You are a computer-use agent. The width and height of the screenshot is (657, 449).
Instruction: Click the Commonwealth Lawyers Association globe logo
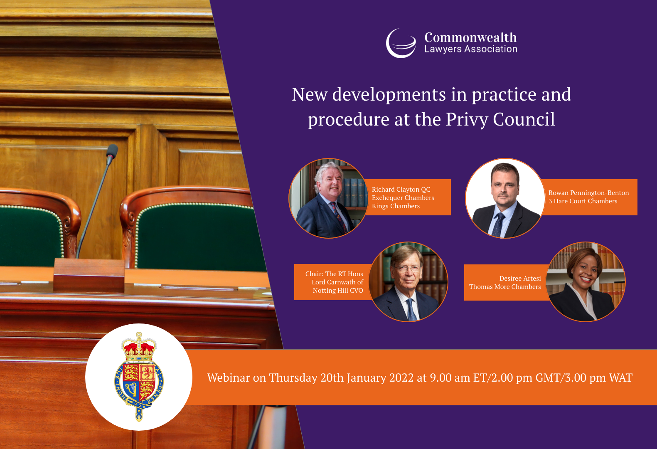(x=401, y=43)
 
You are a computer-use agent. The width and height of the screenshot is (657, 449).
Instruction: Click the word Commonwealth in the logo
(x=470, y=37)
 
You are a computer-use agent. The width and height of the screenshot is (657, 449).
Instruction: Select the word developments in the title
(x=389, y=94)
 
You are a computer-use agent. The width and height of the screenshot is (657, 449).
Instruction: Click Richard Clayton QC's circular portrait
(x=328, y=198)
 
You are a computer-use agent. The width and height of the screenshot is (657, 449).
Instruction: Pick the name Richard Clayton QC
(x=401, y=190)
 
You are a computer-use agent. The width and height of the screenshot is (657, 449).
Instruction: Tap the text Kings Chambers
(x=396, y=206)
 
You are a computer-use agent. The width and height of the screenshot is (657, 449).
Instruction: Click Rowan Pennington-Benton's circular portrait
(x=505, y=198)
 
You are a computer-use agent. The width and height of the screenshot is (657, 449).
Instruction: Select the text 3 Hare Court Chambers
(x=583, y=201)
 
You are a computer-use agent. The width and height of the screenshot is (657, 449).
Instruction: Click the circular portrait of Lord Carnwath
(x=408, y=282)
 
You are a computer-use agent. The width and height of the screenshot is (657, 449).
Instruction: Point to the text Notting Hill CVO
(x=338, y=290)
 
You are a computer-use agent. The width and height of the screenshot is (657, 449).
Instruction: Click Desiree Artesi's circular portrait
(x=586, y=282)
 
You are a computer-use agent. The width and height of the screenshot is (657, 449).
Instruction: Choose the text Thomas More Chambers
(x=505, y=287)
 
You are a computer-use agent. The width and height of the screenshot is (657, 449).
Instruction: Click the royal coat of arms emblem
(x=139, y=377)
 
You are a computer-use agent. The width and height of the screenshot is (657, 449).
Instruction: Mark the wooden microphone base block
(x=89, y=275)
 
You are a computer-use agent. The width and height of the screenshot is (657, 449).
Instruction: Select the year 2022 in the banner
(x=401, y=377)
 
